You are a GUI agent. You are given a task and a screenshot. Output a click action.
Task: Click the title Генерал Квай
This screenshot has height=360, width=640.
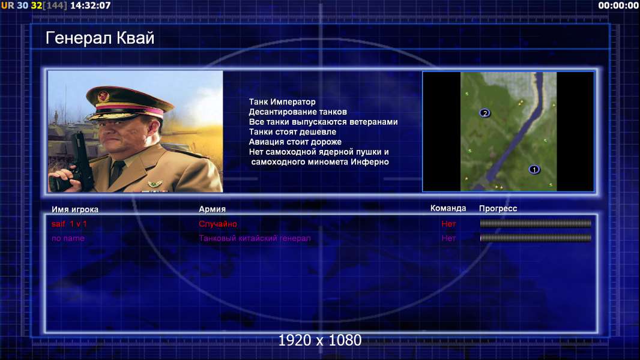tap(100, 38)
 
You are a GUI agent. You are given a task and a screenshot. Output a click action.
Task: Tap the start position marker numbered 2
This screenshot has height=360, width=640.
tap(485, 113)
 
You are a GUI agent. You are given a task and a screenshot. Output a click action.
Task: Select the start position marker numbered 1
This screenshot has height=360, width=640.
tap(534, 169)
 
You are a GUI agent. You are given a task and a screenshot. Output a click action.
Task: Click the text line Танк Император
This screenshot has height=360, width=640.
tap(282, 101)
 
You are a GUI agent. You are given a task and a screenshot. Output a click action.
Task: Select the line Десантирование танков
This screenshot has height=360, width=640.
tap(298, 112)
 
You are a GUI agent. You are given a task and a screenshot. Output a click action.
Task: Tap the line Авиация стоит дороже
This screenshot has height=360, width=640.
tap(295, 142)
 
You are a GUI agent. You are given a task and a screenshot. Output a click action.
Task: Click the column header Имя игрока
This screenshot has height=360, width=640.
tap(74, 209)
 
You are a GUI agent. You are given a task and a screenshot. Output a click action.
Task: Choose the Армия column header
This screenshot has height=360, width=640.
tap(212, 209)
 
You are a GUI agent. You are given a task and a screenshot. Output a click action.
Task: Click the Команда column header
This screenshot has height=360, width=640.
tap(448, 208)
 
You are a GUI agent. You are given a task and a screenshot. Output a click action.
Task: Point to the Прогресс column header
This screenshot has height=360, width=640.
tap(498, 208)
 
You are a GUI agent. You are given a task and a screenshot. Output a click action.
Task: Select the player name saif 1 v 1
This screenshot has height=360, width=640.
tap(69, 223)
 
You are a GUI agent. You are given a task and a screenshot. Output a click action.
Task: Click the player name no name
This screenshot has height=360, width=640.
tap(68, 238)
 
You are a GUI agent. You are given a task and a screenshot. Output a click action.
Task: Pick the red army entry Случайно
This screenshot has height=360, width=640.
tap(217, 223)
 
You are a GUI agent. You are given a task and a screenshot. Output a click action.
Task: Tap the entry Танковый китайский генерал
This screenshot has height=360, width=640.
tap(255, 238)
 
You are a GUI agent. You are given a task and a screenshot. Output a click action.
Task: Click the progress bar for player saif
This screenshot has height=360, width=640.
tap(536, 223)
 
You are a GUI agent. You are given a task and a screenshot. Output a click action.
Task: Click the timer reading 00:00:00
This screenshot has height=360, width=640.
tap(618, 5)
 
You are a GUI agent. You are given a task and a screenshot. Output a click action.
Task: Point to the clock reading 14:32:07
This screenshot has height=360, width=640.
tap(90, 5)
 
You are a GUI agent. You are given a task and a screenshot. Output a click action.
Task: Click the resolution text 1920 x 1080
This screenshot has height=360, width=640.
tap(319, 340)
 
